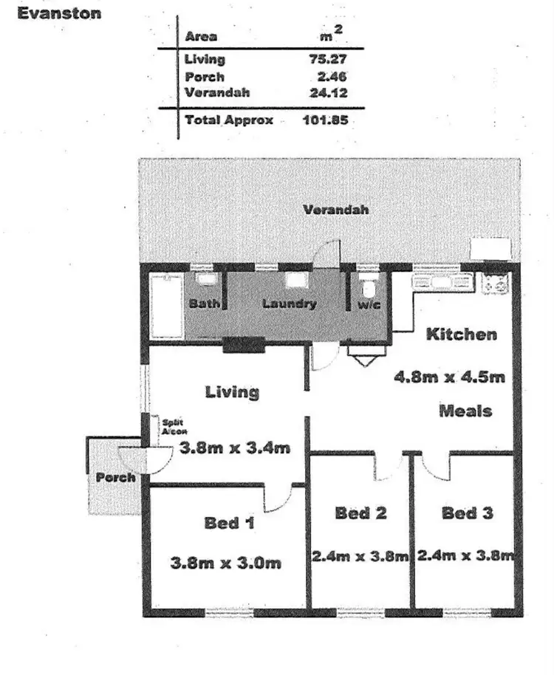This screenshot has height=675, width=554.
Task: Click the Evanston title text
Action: click(x=59, y=13)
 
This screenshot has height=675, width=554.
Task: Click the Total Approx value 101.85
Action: click(x=326, y=120)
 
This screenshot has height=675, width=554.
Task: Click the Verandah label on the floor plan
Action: click(x=335, y=210)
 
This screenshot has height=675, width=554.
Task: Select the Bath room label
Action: click(x=204, y=304)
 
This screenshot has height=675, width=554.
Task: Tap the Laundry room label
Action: click(x=290, y=304)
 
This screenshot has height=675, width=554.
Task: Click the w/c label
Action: click(x=369, y=304)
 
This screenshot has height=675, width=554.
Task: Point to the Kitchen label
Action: click(x=462, y=335)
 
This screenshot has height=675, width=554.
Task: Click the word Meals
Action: click(x=466, y=411)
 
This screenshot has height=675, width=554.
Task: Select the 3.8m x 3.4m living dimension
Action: click(x=235, y=448)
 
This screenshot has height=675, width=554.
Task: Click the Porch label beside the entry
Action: click(x=116, y=478)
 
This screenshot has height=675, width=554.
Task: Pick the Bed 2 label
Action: click(x=360, y=513)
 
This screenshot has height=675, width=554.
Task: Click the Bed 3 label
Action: click(x=468, y=513)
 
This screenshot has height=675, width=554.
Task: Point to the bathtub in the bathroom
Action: click(x=166, y=306)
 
